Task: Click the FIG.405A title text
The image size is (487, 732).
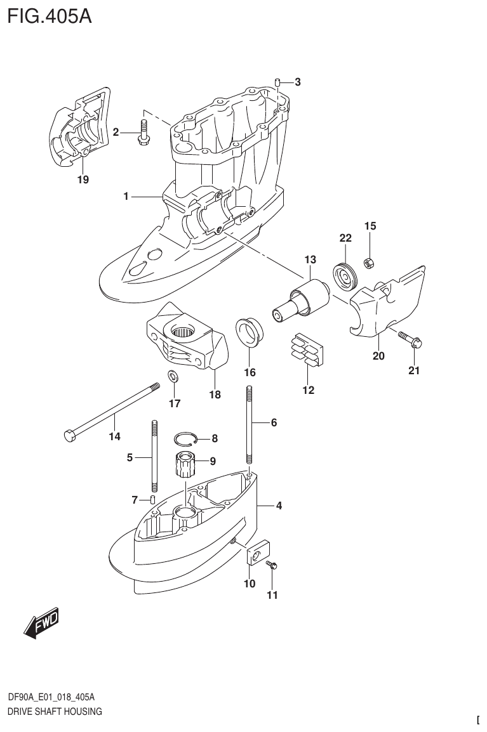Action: coord(50,15)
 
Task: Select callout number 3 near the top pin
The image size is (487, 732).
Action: coord(297,82)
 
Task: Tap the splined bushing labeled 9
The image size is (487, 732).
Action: coord(185,469)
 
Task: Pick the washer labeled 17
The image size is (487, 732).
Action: coord(173,376)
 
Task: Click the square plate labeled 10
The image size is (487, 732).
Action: coord(258,552)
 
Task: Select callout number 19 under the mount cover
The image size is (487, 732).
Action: coord(83,180)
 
